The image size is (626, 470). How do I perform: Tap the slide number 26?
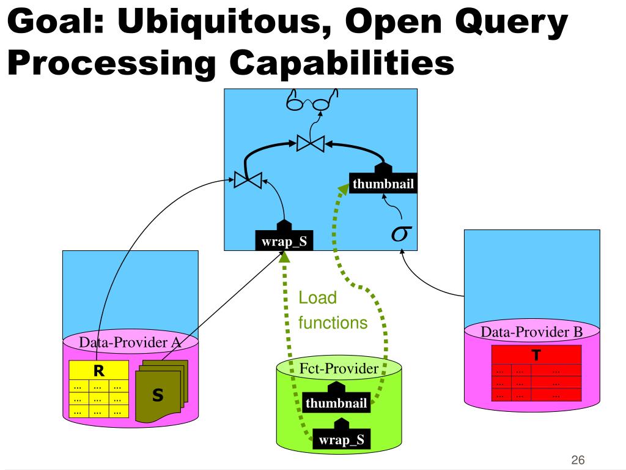tap(578, 460)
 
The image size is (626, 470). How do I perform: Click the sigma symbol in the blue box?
tap(401, 233)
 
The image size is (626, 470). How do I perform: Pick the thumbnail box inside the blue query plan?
tap(383, 183)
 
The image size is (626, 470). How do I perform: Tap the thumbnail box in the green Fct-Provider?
tap(336, 403)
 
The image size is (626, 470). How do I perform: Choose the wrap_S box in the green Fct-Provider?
tap(341, 438)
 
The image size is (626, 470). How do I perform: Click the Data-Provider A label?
tap(131, 342)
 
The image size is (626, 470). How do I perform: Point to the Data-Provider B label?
tap(532, 332)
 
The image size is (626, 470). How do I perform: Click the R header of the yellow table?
tap(98, 370)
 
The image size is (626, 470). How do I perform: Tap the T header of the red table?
tap(536, 355)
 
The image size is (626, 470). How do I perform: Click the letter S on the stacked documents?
tap(158, 395)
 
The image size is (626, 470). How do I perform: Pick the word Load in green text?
tap(317, 298)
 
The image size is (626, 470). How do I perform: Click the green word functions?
tap(333, 323)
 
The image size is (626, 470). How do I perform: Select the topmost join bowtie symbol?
tap(311, 144)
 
